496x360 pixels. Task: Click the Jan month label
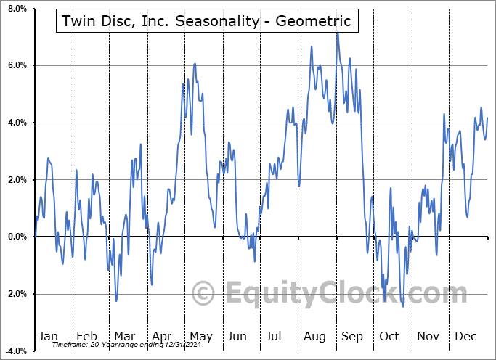[47, 336]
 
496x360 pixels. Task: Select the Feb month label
[86, 336]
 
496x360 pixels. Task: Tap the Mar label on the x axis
[124, 336]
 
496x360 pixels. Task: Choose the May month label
[200, 336]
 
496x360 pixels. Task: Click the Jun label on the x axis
[237, 336]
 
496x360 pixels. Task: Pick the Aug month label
[314, 336]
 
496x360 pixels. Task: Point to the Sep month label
[352, 336]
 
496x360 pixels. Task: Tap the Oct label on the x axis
[390, 336]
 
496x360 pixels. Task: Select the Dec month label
[465, 336]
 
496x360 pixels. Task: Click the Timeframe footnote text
[118, 345]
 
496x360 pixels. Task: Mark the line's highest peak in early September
[336, 33]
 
